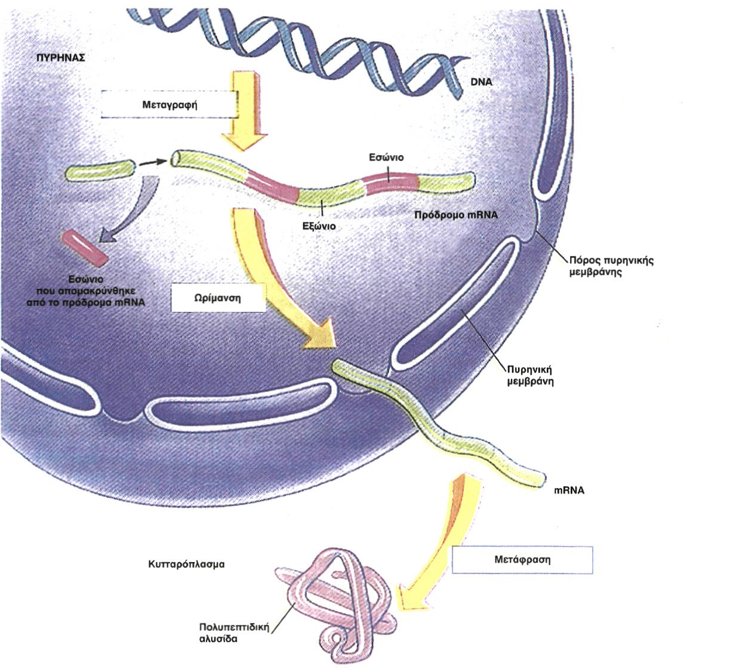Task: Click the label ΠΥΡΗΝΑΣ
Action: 61,58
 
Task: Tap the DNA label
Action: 481,82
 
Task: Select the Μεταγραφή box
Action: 170,104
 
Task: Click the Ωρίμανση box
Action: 218,298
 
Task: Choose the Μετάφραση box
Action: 522,560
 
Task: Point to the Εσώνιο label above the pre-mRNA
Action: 386,157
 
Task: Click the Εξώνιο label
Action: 319,226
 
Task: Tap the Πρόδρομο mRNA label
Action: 456,215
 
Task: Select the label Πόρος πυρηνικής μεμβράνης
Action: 611,266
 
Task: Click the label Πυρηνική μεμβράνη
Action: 530,375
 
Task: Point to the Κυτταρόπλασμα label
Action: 186,564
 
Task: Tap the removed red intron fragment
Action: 85,247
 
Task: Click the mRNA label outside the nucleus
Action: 569,490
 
